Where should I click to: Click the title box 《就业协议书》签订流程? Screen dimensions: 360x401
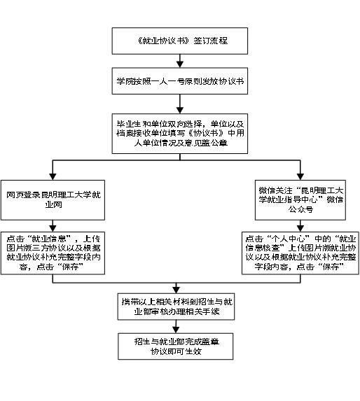click(180, 41)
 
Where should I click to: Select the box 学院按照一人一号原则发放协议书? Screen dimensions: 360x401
click(180, 81)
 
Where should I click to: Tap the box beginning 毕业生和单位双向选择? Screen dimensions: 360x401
click(180, 134)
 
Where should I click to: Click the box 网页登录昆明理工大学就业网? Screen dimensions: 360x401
click(53, 200)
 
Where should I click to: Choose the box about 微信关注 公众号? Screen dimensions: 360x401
click(300, 200)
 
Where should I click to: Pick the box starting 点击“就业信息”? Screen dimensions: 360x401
click(53, 253)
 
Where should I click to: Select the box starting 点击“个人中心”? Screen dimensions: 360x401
click(300, 253)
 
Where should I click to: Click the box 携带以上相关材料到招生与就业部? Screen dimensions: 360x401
click(176, 307)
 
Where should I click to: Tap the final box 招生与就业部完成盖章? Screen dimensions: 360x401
click(176, 346)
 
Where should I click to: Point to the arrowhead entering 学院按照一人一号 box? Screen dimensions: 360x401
click(180, 64)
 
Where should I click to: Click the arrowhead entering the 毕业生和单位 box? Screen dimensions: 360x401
click(180, 111)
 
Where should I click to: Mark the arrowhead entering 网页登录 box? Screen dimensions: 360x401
click(53, 177)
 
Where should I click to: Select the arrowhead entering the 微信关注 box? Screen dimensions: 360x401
click(300, 177)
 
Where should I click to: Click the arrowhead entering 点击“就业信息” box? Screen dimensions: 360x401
click(53, 229)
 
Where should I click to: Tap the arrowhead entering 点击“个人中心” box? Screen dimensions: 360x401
click(300, 229)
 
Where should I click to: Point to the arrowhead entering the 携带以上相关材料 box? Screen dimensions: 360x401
click(176, 290)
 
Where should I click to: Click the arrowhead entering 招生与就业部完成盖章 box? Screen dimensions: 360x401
click(176, 330)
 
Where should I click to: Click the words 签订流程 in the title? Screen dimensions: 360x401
click(211, 41)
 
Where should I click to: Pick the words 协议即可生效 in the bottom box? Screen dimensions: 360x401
click(176, 351)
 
